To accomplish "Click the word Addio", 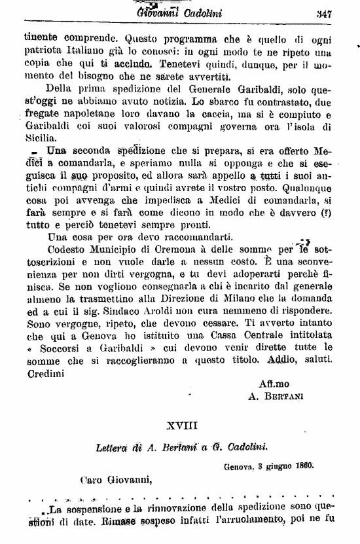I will click(x=285, y=360).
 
